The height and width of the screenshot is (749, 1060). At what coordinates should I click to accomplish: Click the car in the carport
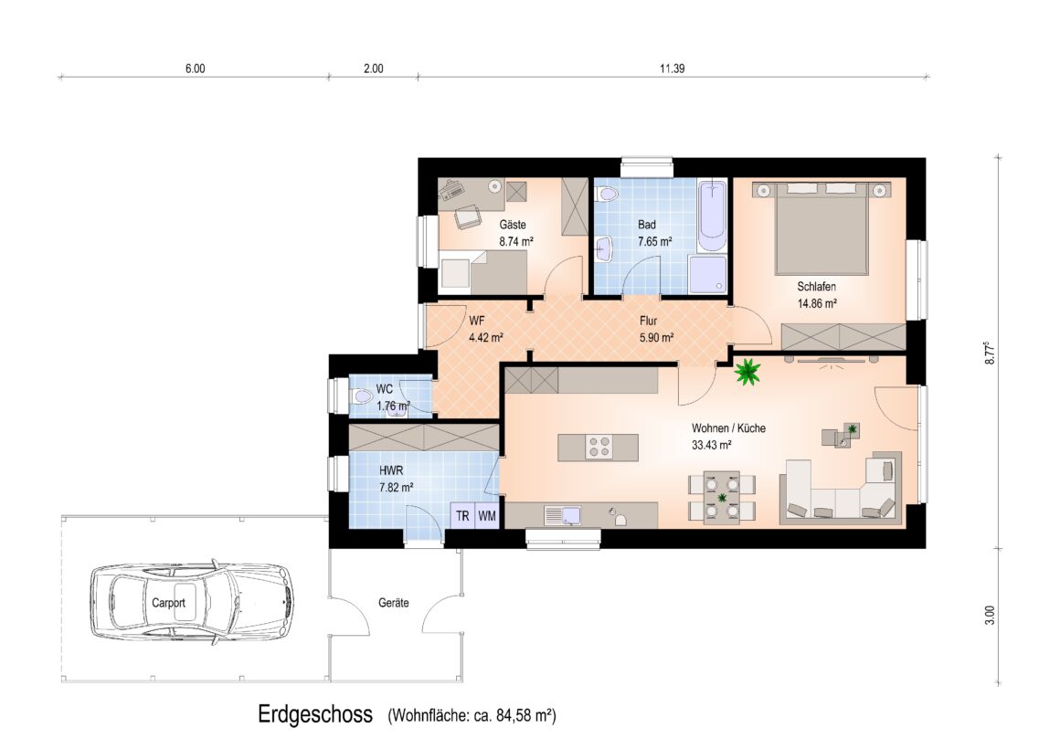(193, 600)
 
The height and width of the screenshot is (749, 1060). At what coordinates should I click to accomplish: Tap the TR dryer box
(463, 516)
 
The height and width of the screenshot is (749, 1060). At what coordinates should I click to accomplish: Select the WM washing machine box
(487, 516)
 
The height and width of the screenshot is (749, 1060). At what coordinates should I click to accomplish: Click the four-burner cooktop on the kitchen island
(599, 448)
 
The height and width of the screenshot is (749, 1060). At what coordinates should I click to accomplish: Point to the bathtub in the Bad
(712, 215)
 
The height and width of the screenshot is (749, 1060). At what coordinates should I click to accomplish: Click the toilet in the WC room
(363, 396)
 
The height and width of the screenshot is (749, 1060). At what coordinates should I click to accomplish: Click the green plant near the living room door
(747, 372)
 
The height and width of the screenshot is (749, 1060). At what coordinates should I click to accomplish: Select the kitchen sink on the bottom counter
(563, 515)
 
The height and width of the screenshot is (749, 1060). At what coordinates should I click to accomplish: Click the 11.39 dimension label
(672, 69)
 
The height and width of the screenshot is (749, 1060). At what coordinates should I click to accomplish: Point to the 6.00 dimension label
(195, 69)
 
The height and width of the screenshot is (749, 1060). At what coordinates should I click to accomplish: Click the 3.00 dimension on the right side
(990, 615)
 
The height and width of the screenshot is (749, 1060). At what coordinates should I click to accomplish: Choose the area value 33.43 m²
(711, 445)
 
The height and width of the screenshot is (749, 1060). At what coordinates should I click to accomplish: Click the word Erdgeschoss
(315, 714)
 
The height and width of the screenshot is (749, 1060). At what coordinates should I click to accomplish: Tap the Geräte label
(394, 602)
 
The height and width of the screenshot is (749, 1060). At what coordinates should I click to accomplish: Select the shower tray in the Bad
(708, 274)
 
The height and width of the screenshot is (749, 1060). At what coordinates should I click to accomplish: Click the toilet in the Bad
(607, 194)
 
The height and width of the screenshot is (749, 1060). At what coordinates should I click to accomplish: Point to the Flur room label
(648, 322)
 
